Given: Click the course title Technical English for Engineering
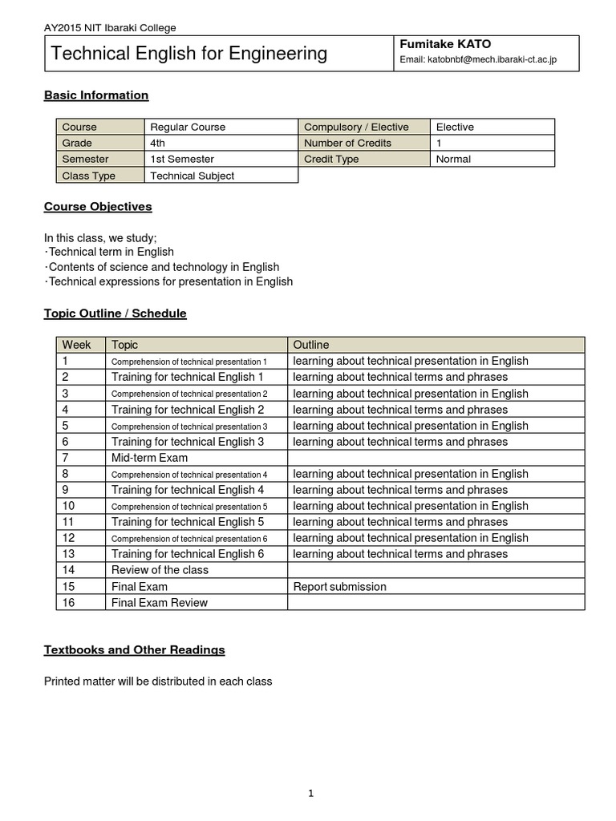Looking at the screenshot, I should coord(189,54).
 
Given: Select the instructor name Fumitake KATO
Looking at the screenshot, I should coord(445,44).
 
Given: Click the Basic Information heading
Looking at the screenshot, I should coord(96,95).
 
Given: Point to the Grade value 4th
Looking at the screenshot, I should coord(158,143).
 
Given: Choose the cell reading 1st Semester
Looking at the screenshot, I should coord(182,159).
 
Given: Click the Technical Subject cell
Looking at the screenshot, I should coord(192,176).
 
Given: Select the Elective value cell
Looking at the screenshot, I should coord(455,127).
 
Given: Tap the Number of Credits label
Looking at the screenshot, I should coord(348,143).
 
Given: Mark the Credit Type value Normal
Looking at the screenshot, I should coord(453,159).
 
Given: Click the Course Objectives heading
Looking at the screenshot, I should coord(98,207).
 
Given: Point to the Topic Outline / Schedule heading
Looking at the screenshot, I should coord(115,313).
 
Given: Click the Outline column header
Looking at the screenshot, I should coord(311,345).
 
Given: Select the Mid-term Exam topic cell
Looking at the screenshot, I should coord(150,458).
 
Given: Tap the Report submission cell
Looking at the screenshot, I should coord(340,587).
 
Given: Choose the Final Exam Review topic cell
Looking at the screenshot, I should coord(160,603).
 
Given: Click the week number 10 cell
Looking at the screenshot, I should coord(68,506).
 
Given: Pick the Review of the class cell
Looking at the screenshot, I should coord(160,570).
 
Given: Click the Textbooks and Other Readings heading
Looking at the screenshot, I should coord(134,649).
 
